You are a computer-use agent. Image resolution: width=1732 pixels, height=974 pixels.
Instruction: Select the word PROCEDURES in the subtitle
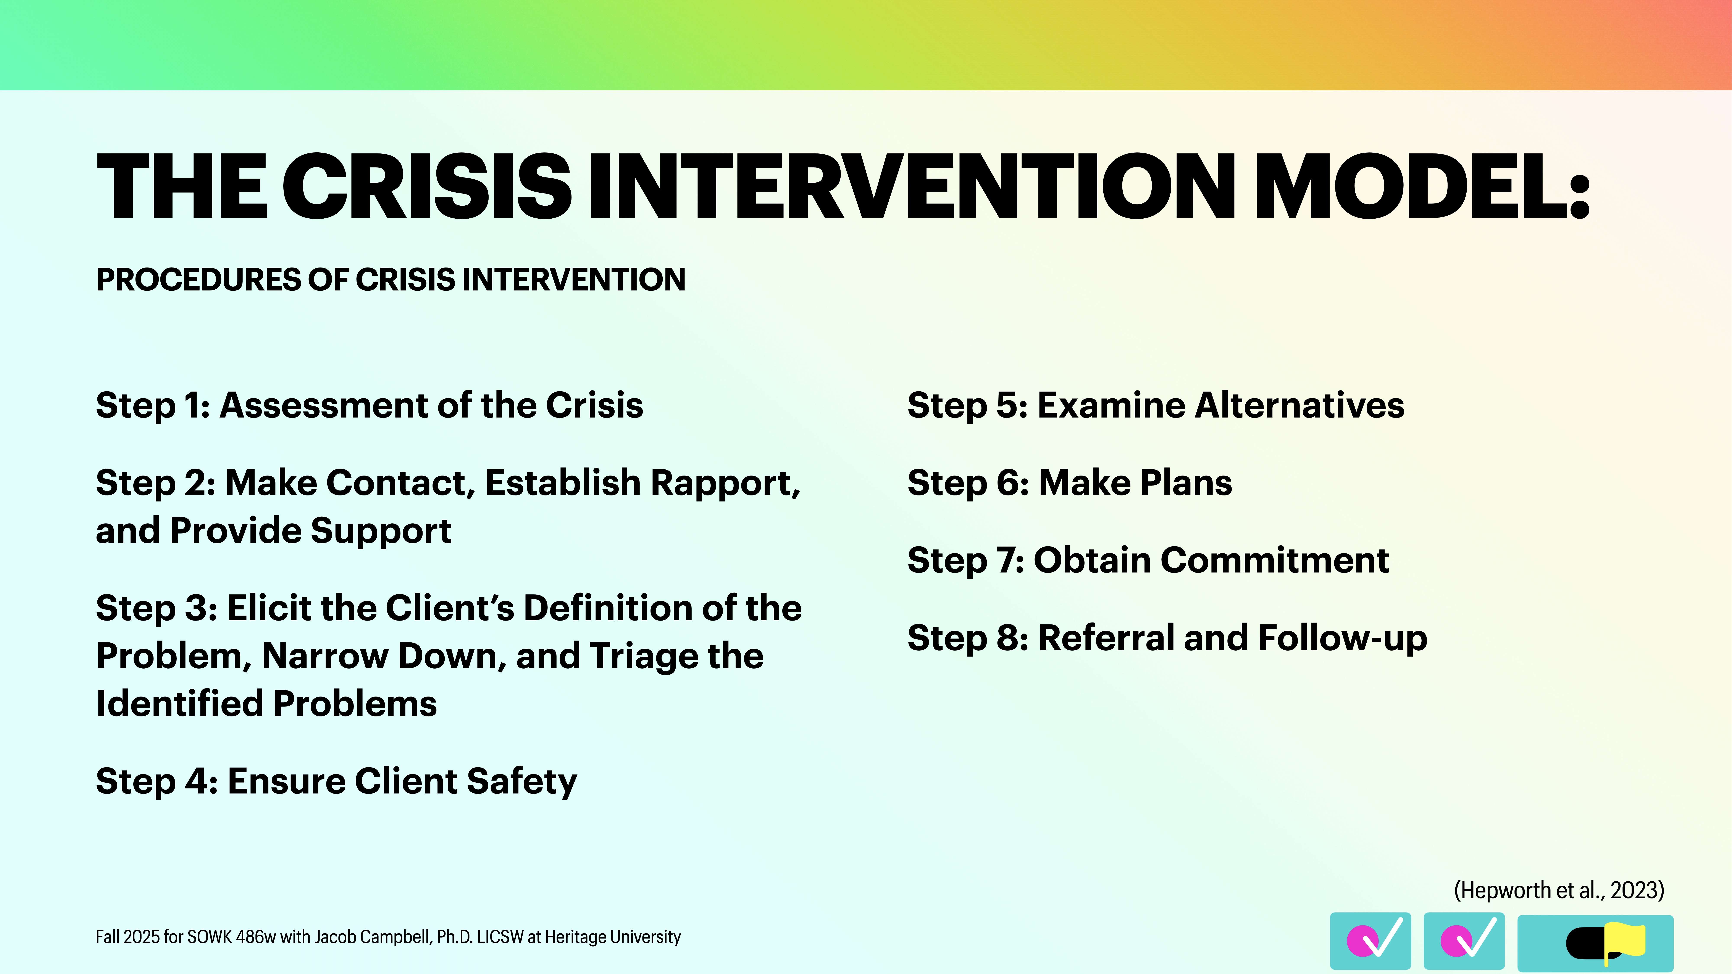tap(198, 280)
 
